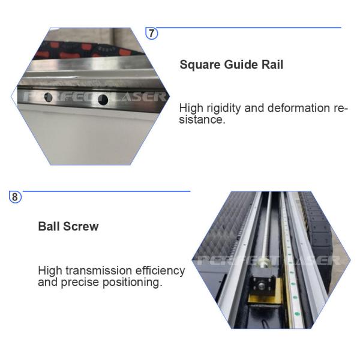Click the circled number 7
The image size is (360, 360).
coord(152,34)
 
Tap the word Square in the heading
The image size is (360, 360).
coord(199,65)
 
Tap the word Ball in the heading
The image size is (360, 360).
coord(50,227)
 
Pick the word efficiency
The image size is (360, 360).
coord(161,271)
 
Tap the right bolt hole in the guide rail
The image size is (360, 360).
coord(103,98)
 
